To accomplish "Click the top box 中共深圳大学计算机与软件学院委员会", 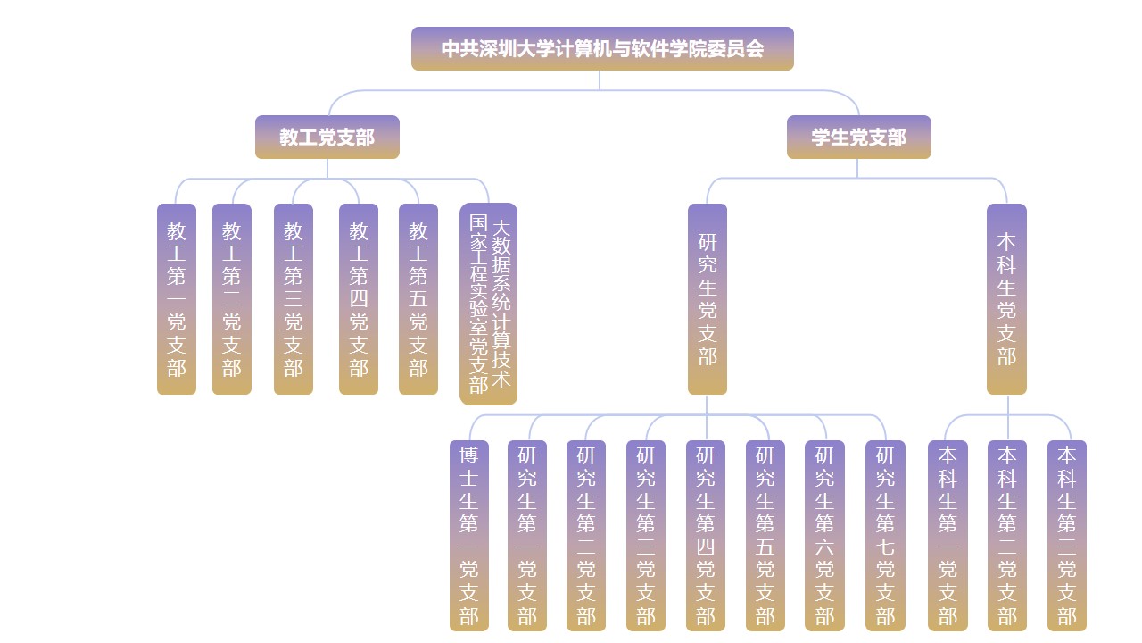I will coord(602,48).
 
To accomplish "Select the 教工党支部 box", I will coord(327,137).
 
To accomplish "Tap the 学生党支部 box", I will coord(858,137).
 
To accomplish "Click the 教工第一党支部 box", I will coord(177,299).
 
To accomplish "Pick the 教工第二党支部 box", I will coord(232,299).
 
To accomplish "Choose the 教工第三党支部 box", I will coord(294,299).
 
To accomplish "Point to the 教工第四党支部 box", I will coord(359,299).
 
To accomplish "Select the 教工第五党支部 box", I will coord(418,299).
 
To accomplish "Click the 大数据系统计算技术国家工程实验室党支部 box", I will coord(489,304).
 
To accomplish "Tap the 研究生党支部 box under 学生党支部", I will coord(708,299).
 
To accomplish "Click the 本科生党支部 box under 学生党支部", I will coord(1006,299).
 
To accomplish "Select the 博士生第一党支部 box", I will coord(469,536).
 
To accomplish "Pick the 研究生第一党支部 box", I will coord(527,536).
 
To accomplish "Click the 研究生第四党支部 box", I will coord(706,536).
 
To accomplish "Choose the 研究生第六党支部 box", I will coord(824,536).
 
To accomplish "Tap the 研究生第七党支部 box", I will coord(885,536).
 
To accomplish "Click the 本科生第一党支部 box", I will coord(948,536).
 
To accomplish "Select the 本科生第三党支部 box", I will coord(1067,536).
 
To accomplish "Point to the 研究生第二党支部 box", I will coord(586,536).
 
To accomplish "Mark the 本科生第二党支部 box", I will coord(1007,536).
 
